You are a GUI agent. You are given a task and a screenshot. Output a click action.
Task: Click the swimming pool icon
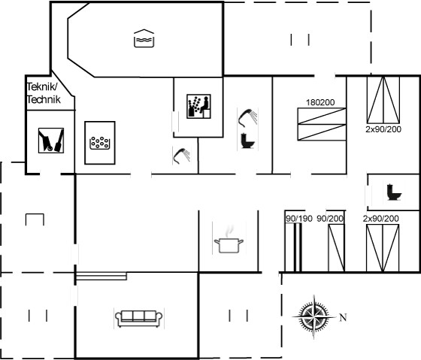tap(144, 38)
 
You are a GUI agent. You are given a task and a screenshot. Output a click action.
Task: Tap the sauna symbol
tap(198, 106)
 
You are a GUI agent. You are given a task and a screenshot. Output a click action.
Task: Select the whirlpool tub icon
tap(99, 143)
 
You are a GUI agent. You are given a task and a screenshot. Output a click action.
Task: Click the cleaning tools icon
tap(51, 141)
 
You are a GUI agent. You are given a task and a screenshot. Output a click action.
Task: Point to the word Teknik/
tap(42, 87)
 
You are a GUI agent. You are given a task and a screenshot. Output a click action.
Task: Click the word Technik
tap(44, 100)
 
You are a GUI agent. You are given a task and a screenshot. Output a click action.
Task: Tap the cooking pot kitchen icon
tap(229, 239)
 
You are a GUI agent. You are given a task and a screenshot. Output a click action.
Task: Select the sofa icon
tap(139, 319)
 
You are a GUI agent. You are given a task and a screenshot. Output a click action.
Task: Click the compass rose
tap(314, 316)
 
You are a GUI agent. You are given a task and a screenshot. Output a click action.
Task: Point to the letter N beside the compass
tap(343, 318)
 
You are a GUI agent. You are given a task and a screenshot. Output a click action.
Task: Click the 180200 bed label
tap(320, 102)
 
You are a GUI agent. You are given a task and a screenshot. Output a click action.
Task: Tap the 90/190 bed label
tap(299, 219)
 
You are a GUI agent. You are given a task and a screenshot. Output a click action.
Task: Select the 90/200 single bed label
tap(330, 219)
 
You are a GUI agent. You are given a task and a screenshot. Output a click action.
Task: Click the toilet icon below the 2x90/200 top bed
tap(394, 192)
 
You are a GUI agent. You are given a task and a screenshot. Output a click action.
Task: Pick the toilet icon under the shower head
tap(247, 141)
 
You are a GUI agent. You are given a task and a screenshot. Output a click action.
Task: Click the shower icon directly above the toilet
tap(247, 117)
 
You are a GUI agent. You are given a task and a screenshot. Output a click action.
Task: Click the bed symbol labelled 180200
tap(322, 124)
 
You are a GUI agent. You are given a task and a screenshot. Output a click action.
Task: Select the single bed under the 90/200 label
tap(336, 248)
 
